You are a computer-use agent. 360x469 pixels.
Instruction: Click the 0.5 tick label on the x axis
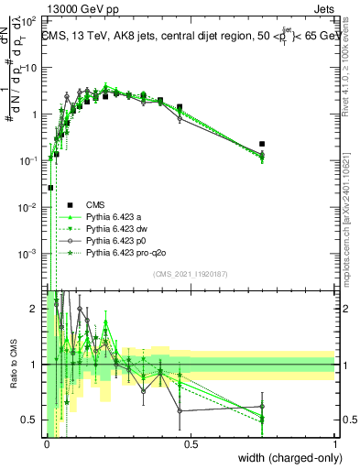coord(191,443)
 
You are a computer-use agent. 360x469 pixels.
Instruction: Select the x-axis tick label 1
coord(334,443)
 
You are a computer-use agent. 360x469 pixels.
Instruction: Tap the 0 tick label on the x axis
coord(47,443)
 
